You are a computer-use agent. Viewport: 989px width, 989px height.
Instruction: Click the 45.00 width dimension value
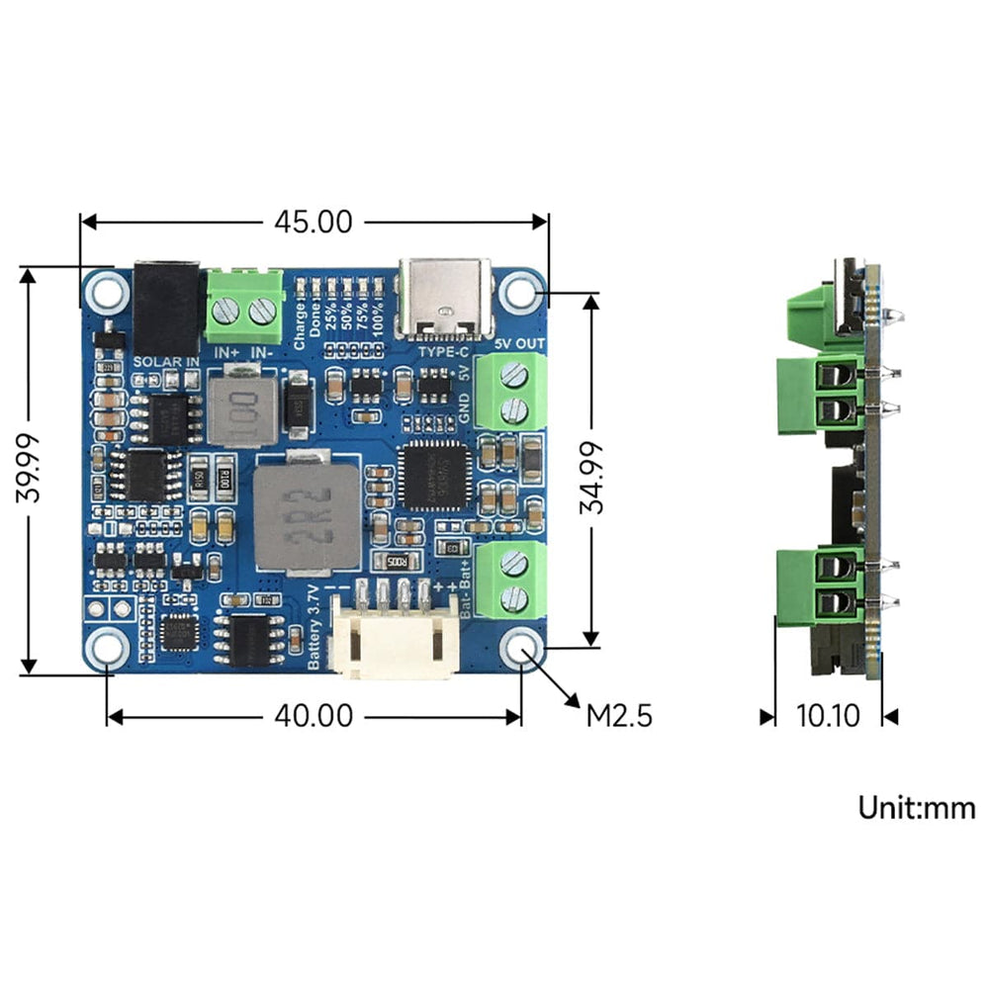coord(313,223)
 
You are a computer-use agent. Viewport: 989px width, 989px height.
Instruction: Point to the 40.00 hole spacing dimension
coord(313,715)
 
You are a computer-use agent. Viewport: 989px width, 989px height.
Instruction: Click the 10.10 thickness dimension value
coord(829,715)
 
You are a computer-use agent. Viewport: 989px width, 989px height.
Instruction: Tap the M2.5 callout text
coord(620,715)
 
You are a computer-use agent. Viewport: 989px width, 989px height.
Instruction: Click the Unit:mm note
coord(916,808)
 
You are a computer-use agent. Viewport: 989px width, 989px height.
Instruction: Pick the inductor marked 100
coord(237,405)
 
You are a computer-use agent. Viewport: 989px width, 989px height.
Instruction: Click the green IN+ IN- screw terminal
coord(244,305)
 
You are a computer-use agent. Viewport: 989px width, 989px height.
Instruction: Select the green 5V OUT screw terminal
coord(510,391)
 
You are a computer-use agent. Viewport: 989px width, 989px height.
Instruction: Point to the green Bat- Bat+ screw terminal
coord(510,581)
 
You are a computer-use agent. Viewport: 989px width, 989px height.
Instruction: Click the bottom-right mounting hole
coord(520,649)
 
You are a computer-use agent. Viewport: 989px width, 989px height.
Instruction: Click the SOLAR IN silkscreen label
coord(165,362)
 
